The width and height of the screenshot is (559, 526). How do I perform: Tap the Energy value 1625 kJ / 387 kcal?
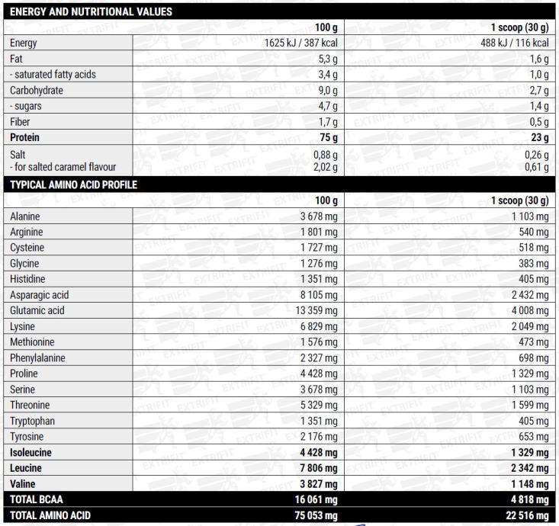click(x=295, y=43)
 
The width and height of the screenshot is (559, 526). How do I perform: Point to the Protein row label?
click(x=26, y=138)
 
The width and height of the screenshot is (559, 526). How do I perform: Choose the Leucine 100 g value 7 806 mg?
click(x=313, y=467)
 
